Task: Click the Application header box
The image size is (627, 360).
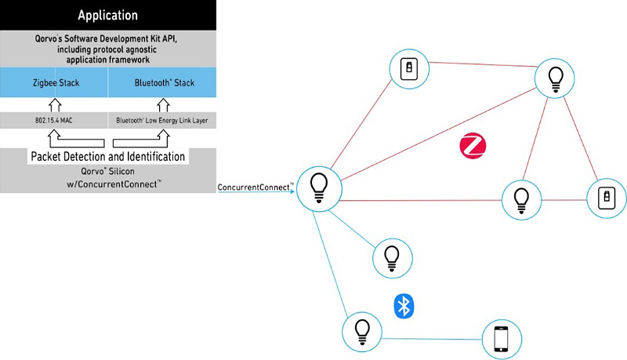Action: [x=108, y=15]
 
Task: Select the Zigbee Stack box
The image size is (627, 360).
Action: [x=54, y=82]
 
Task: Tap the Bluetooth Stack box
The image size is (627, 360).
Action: [x=162, y=82]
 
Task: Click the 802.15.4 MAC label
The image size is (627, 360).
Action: [x=54, y=121]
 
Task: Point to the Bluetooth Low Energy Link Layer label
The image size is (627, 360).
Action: [x=162, y=121]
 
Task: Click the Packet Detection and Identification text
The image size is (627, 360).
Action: [x=108, y=156]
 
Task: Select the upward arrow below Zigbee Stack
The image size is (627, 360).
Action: [x=55, y=105]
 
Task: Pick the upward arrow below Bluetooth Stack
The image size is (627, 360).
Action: [x=163, y=105]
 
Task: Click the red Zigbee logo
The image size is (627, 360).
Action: [x=473, y=146]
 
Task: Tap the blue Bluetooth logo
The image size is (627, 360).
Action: [x=404, y=307]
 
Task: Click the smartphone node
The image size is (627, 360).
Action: [x=502, y=339]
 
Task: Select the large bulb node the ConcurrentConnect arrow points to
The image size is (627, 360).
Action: [x=319, y=189]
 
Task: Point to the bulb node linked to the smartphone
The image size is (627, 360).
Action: [x=362, y=332]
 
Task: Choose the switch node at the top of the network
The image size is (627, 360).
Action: [x=409, y=69]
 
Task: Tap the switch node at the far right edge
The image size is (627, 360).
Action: [x=607, y=198]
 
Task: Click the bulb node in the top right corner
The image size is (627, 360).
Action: [x=555, y=78]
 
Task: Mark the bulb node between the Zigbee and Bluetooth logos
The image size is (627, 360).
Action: [x=393, y=258]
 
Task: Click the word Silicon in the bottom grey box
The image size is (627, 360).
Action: [x=121, y=171]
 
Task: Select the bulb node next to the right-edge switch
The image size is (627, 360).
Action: [x=521, y=200]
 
